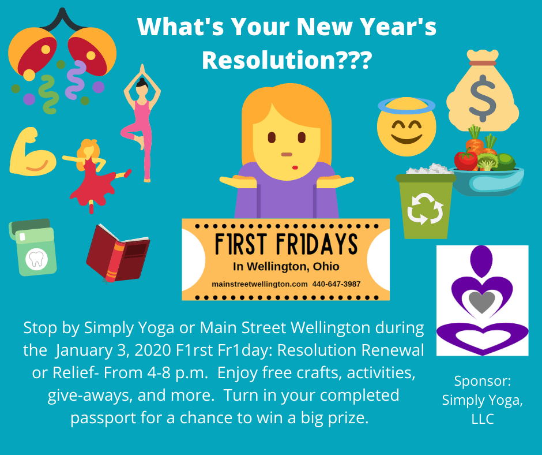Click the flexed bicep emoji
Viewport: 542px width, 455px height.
32,152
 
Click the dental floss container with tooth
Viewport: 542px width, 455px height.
33,247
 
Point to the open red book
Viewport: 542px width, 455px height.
118,253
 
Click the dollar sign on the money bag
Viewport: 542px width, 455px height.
483,98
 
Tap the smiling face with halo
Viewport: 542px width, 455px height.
406,126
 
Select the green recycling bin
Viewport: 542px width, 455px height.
425,205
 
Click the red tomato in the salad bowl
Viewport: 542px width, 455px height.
466,160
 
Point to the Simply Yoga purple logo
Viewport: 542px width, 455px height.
482,300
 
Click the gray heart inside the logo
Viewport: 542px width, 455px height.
482,301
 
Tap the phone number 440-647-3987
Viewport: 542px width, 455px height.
336,284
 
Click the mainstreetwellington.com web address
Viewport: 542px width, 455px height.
259,284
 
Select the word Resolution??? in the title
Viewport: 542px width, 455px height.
287,60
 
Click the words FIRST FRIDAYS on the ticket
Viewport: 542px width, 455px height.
286,244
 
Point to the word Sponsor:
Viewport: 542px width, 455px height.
483,382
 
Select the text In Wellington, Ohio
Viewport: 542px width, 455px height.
286,267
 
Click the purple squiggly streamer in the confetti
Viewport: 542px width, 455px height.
76,79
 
